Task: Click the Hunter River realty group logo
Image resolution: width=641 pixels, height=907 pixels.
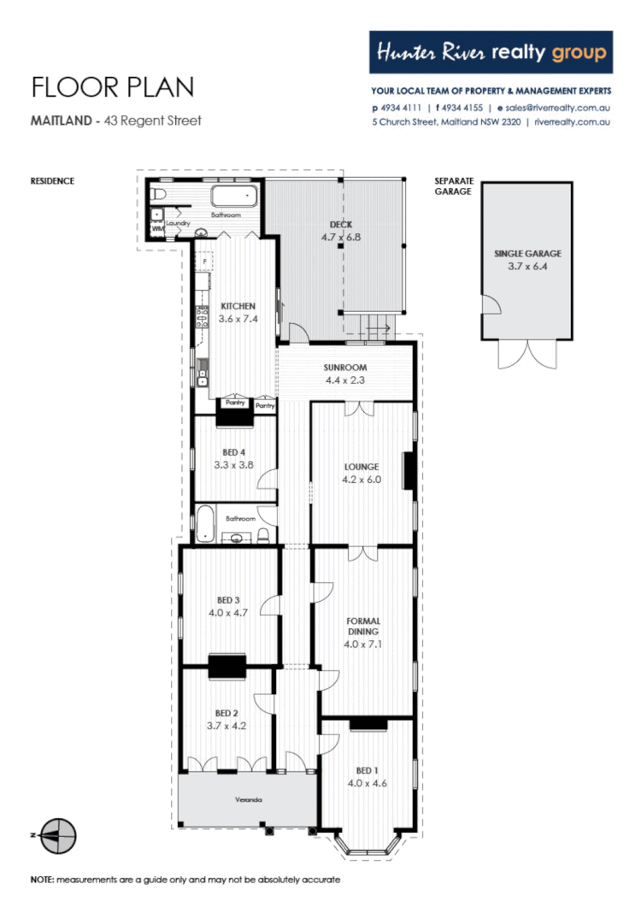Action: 491,53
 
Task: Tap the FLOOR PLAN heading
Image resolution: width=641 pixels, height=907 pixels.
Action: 112,87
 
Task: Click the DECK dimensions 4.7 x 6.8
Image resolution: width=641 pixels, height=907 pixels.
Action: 341,237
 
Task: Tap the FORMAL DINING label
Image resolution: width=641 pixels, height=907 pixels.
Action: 363,627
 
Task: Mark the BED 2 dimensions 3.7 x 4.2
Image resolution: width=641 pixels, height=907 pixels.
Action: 226,725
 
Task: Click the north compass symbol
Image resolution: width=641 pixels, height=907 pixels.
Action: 58,835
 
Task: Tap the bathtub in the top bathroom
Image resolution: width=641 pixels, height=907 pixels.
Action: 235,197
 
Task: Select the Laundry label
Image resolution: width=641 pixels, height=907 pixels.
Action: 177,223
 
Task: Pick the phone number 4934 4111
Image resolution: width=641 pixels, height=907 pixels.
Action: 402,109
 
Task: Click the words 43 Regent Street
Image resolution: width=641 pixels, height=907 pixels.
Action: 153,121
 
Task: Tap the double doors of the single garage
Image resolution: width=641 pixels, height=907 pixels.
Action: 527,354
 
